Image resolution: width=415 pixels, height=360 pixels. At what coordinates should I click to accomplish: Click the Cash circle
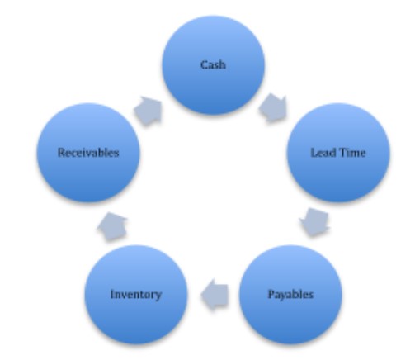(x=214, y=65)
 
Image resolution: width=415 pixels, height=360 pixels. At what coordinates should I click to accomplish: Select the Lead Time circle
(x=338, y=153)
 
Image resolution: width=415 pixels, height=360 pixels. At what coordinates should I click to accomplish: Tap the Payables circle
(x=290, y=295)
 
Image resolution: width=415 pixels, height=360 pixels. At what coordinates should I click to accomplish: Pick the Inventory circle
(x=136, y=295)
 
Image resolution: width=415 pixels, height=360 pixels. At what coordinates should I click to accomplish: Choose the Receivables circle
(x=88, y=153)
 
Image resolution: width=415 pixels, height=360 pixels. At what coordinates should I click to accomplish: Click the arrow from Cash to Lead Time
(x=273, y=108)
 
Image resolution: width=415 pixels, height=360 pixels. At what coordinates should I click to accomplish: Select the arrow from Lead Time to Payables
(x=314, y=222)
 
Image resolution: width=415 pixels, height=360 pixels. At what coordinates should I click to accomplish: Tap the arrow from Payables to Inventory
(x=215, y=295)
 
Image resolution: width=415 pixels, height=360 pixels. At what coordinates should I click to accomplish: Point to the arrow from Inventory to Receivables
(x=112, y=227)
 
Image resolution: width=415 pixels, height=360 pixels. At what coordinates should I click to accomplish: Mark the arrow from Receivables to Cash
(x=148, y=111)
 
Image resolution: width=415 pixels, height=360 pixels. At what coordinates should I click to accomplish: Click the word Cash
(x=213, y=65)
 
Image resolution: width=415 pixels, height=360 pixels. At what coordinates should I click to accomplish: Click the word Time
(x=352, y=153)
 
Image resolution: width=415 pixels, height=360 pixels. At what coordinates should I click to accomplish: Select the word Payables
(x=290, y=295)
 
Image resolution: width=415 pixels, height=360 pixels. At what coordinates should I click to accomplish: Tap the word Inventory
(x=136, y=295)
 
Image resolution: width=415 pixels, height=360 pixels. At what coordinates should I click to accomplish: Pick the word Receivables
(x=88, y=153)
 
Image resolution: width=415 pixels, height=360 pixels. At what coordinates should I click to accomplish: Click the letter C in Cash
(x=204, y=65)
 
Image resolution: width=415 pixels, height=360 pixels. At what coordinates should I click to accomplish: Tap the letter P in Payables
(x=271, y=294)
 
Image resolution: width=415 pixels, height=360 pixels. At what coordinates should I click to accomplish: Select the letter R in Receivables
(x=62, y=153)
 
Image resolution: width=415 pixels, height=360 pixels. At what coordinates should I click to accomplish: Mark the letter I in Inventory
(x=112, y=294)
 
